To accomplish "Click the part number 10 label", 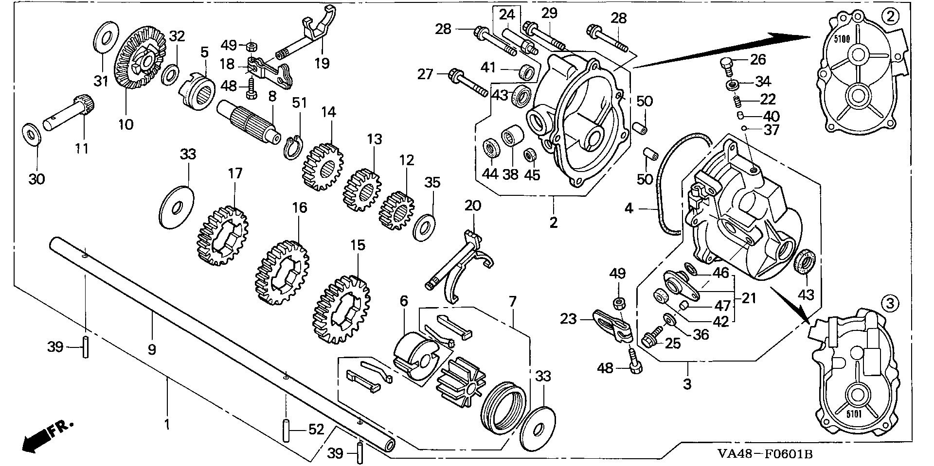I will (x=126, y=124).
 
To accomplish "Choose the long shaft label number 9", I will (x=152, y=349).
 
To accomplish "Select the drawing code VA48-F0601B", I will (x=765, y=454).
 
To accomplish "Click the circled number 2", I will (x=890, y=17).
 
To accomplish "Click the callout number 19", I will (x=322, y=63).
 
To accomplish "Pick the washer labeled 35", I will (x=424, y=226).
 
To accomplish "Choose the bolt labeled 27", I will (x=467, y=83).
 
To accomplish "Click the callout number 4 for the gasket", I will (x=629, y=208).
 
